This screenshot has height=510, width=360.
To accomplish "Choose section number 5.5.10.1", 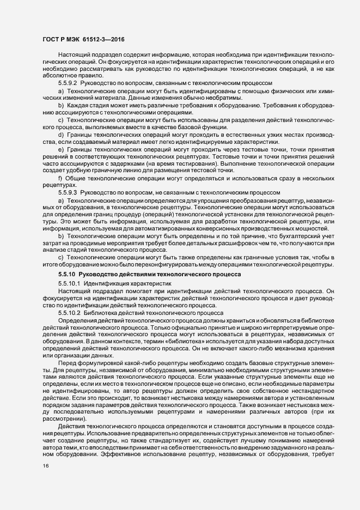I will point(69,284).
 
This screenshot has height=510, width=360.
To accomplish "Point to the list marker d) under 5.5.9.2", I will point(60,134).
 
